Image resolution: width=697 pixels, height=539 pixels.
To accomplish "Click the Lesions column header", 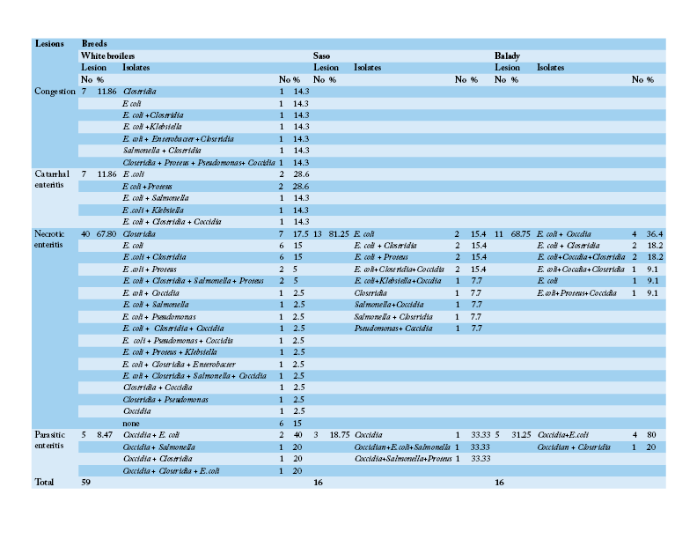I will point(48,43).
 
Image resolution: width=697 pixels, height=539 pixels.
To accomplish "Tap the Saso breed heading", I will point(321,55).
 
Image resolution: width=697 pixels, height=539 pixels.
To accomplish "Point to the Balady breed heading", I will point(507,55).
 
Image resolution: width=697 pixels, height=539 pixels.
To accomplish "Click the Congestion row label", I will point(55,91).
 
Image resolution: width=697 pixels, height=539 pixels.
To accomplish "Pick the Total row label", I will point(44,483).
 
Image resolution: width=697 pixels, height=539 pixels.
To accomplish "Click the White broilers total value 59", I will point(86,483).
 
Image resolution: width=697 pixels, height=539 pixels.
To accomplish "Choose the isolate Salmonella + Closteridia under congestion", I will point(162,151).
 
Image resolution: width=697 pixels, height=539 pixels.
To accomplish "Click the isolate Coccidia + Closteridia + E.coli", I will point(171,470).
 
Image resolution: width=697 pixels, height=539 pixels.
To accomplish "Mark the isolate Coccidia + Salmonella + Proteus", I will point(403,459).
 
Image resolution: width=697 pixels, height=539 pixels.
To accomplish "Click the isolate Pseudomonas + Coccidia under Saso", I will point(393,328).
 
